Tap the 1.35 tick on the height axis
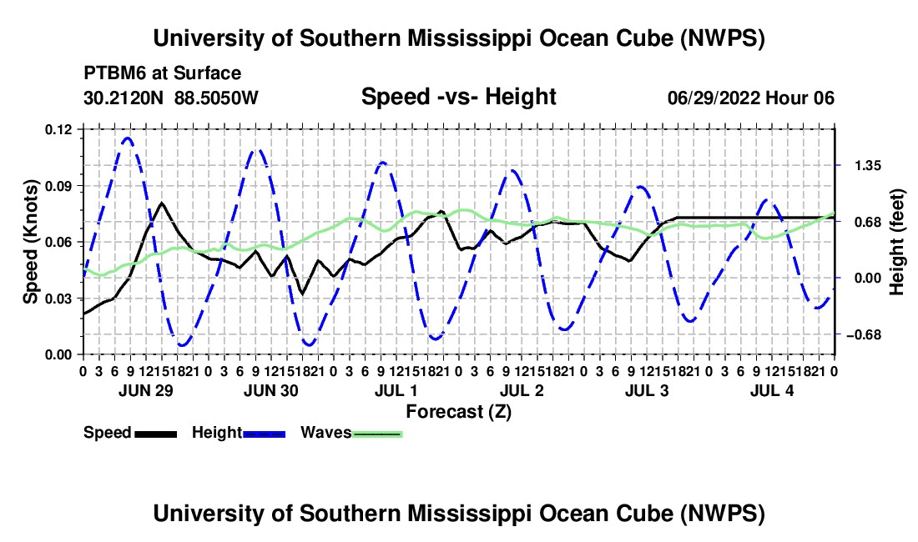click(868, 166)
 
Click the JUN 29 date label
click(146, 390)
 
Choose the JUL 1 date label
click(396, 390)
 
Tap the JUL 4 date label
click(772, 390)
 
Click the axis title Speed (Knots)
click(30, 242)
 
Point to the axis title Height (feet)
click(896, 242)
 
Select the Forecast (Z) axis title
click(459, 412)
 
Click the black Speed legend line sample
click(156, 434)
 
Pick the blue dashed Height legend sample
click(264, 434)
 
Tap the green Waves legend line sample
click(377, 434)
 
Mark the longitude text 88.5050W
click(216, 98)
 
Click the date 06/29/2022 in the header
click(714, 98)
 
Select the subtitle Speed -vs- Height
click(459, 97)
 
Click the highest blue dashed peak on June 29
click(128, 138)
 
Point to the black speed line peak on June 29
click(162, 203)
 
